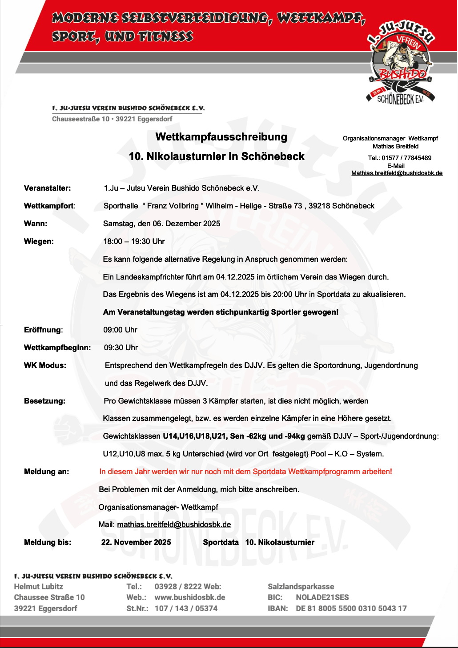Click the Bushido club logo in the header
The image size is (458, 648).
400,62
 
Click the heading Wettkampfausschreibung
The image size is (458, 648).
221,137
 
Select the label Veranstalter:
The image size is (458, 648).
47,188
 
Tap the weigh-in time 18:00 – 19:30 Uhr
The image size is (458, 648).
134,241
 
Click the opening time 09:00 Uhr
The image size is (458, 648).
120,330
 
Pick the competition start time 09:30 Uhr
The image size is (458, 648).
121,348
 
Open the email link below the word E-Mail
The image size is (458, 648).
397,173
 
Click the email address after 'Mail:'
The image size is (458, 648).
174,524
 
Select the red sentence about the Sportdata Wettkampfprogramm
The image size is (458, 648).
245,472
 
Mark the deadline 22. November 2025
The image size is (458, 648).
136,542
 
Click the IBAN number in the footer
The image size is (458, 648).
351,608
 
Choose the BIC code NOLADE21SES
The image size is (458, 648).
322,597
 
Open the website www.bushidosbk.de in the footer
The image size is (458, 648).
190,597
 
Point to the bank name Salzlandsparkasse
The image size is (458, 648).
301,587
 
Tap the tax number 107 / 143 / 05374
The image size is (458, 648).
186,608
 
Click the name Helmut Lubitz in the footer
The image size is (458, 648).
39,587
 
